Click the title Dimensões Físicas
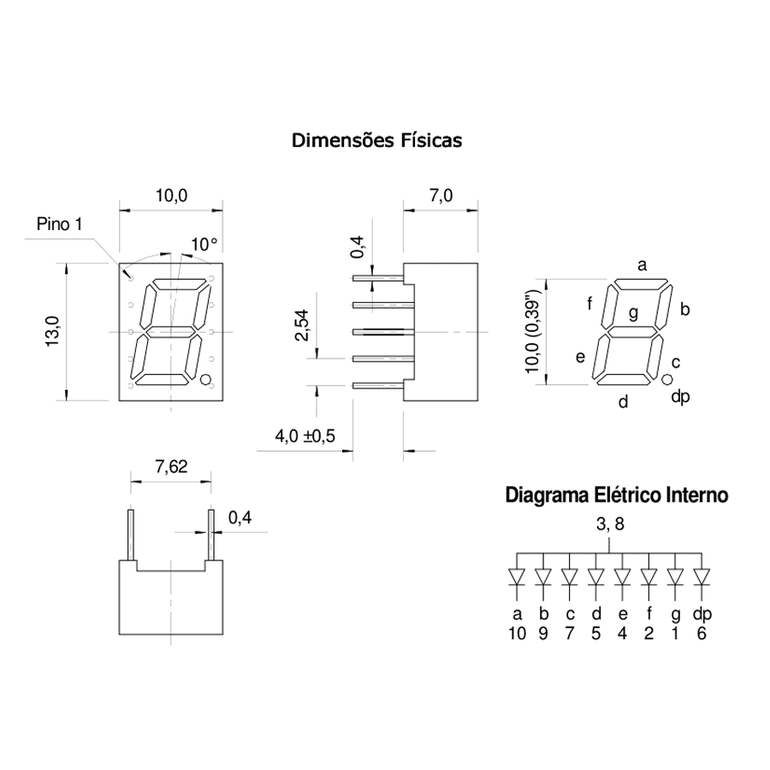[x=376, y=140]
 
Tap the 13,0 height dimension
[x=52, y=331]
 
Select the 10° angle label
[x=204, y=244]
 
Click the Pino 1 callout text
[x=59, y=224]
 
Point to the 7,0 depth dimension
[x=441, y=196]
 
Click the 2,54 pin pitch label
[x=301, y=325]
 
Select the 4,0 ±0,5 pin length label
[x=305, y=435]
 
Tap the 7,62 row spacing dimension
[x=171, y=466]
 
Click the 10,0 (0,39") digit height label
[x=532, y=331]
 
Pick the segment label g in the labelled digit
[x=633, y=313]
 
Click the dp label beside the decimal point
[x=681, y=396]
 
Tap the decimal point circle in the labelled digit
[x=666, y=379]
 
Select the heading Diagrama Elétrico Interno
[x=617, y=495]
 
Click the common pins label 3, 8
[x=610, y=524]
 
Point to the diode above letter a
[x=517, y=577]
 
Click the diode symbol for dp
[x=702, y=577]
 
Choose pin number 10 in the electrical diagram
[x=517, y=633]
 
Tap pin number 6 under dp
[x=702, y=633]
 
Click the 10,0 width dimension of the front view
[x=171, y=196]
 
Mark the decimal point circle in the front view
[x=205, y=379]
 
